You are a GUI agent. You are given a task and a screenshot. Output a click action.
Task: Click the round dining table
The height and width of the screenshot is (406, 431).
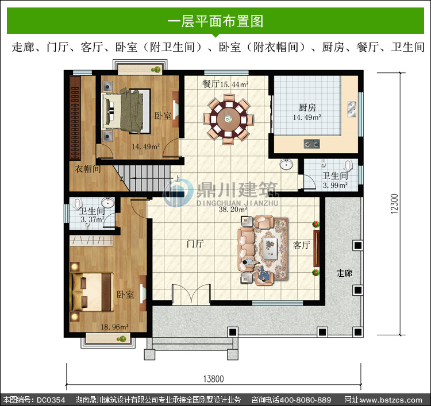click(x=228, y=119)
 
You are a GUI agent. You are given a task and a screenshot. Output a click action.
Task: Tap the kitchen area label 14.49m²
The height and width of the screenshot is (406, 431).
click(x=307, y=117)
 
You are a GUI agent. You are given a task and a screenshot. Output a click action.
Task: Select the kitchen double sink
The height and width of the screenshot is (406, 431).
click(x=352, y=109)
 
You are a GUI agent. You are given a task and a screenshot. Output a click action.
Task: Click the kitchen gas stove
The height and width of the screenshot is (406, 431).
click(x=311, y=144)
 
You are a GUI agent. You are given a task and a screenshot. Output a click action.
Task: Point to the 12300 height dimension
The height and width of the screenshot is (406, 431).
click(x=394, y=203)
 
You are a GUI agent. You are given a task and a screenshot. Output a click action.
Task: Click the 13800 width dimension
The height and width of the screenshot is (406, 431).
click(x=213, y=379)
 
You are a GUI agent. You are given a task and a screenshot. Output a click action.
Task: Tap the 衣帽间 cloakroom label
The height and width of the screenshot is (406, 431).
click(x=87, y=169)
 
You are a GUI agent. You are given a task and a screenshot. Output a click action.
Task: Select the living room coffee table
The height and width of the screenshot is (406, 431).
click(x=270, y=249)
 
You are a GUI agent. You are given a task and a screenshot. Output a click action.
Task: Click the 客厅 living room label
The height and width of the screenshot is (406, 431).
click(x=302, y=245)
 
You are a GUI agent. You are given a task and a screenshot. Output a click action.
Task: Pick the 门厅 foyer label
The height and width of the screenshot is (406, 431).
click(x=195, y=243)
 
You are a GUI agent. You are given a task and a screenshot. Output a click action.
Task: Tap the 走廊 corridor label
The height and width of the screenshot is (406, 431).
click(x=344, y=273)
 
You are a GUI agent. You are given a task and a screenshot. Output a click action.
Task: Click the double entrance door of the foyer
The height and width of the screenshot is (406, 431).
click(x=191, y=295)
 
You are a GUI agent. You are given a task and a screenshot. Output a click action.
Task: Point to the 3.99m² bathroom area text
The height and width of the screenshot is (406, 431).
click(x=335, y=185)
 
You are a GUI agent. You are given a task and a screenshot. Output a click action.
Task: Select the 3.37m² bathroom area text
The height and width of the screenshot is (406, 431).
click(x=93, y=219)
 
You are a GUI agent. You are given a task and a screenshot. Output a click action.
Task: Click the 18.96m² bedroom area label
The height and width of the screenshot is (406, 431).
click(x=114, y=327)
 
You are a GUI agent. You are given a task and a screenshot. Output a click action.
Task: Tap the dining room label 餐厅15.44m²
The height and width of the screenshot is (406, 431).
click(x=225, y=84)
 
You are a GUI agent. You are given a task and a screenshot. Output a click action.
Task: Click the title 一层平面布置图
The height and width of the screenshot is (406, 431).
click(x=215, y=21)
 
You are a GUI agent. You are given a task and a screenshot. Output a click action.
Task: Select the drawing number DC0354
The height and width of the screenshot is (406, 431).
click(x=51, y=400)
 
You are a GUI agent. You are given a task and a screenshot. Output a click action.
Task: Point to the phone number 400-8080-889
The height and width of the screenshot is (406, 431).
click(x=305, y=400)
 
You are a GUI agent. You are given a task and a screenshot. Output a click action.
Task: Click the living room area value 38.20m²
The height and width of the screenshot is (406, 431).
click(x=233, y=210)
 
